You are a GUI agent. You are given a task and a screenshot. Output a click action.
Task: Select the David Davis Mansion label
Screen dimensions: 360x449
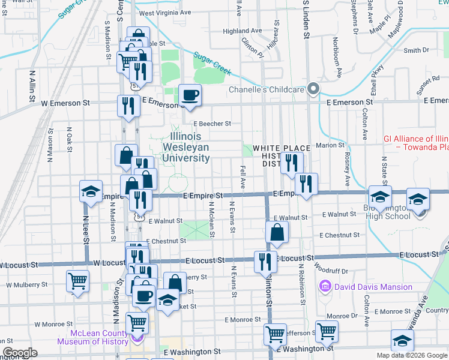(366, 287)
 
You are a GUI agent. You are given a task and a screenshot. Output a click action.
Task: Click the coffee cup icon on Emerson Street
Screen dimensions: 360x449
(190, 95)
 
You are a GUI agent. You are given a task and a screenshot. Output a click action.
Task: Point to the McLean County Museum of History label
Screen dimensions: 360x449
(93, 338)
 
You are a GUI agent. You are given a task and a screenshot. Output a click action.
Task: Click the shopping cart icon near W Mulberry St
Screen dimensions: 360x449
(78, 280)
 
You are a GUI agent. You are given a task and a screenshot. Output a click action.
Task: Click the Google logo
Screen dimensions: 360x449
(20, 353)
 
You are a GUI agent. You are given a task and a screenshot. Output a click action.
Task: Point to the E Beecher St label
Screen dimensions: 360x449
(211, 124)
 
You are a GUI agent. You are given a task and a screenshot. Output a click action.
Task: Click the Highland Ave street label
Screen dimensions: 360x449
(242, 31)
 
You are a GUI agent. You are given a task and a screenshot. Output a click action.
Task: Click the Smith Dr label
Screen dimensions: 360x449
(417, 50)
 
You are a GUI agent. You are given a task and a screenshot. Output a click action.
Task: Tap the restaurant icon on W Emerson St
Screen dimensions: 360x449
(128, 106)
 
